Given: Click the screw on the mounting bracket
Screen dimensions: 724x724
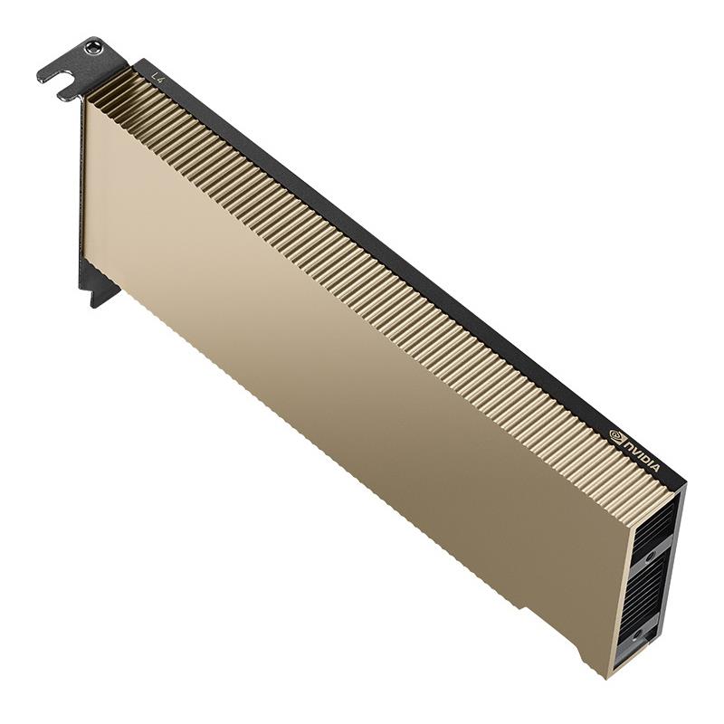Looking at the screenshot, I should pos(93,47).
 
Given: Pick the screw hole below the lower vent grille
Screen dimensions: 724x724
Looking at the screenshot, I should pos(639,635).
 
